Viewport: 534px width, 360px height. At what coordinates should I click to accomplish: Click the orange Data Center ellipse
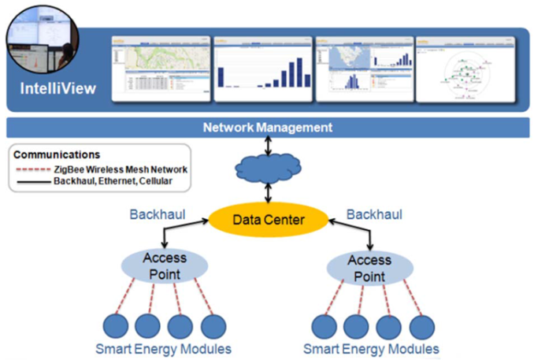coord(267,218)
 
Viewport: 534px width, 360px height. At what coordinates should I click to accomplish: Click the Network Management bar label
coord(268,127)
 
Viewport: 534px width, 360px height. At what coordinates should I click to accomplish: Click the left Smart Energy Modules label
coord(163,349)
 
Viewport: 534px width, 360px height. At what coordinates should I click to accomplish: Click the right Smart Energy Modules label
coord(371,349)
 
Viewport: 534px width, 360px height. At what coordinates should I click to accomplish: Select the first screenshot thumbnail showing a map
coord(162,67)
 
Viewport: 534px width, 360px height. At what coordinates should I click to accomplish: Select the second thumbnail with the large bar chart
coord(263,67)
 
